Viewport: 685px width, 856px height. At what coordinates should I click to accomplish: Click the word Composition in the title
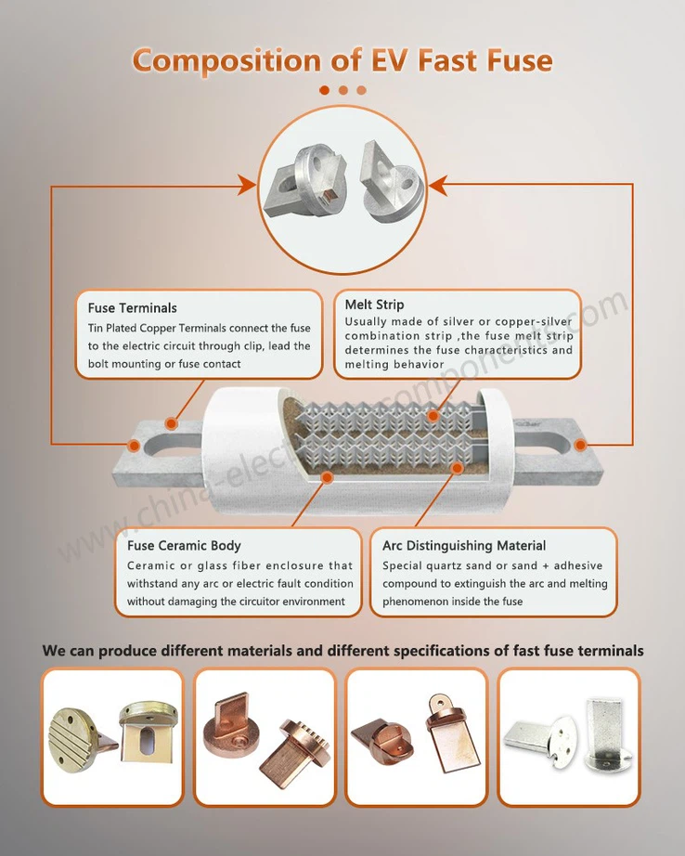(219, 61)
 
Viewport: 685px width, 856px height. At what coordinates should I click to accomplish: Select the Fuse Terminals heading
(133, 307)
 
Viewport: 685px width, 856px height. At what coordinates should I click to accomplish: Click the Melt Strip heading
(374, 305)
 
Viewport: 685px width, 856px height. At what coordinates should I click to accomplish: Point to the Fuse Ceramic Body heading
(184, 545)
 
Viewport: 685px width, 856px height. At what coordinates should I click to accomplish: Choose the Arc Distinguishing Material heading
(464, 545)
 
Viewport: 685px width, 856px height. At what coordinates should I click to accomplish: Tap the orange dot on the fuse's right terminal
(580, 446)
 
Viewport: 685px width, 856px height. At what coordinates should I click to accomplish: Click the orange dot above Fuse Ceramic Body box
(327, 477)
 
